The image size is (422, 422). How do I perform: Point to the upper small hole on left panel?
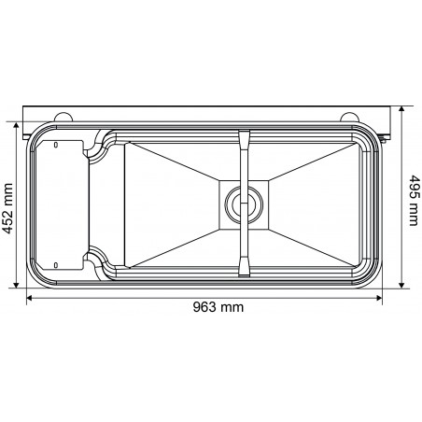pyautogui.click(x=56, y=145)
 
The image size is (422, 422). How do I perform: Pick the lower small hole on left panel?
pyautogui.click(x=56, y=264)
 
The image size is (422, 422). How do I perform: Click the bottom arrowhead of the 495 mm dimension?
pyautogui.click(x=401, y=288)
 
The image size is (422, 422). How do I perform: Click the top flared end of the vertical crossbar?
pyautogui.click(x=244, y=139)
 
